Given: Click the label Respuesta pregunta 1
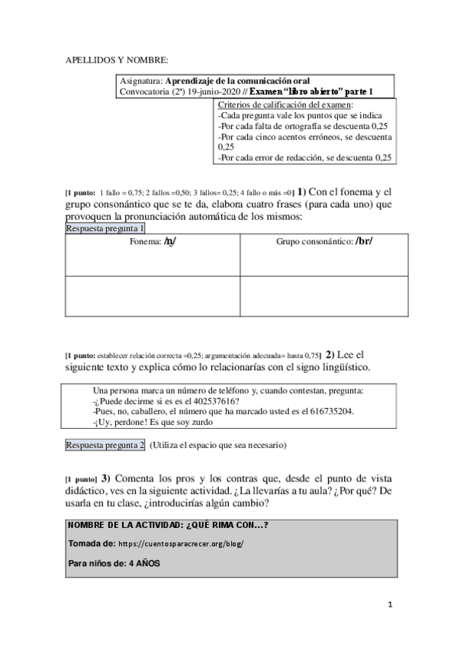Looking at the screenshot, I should pyautogui.click(x=105, y=228).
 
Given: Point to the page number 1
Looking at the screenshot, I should pyautogui.click(x=389, y=604).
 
